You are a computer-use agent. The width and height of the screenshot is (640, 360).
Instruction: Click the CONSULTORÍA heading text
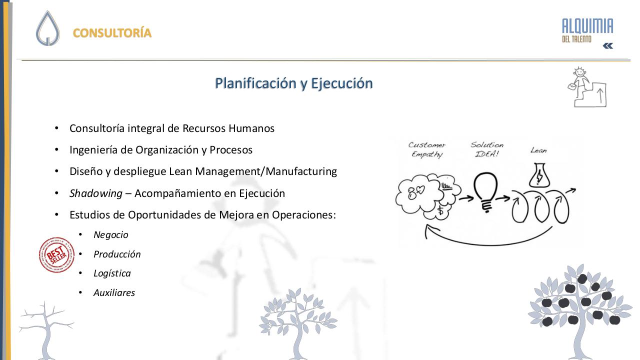(112, 33)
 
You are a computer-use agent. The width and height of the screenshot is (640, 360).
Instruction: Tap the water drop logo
(47, 28)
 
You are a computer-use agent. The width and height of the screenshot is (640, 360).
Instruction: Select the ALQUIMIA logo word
(587, 26)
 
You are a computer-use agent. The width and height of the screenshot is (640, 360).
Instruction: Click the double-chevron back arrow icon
(607, 46)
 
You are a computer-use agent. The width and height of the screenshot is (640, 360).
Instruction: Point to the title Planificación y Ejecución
(293, 83)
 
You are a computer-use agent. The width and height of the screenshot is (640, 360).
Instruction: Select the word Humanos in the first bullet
(251, 128)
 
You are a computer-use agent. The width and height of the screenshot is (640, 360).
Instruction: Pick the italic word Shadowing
(96, 193)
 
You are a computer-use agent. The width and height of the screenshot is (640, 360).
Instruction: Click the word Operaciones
(303, 215)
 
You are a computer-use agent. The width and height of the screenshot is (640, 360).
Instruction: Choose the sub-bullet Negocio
(111, 235)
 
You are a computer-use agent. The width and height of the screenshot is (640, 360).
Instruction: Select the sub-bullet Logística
(112, 273)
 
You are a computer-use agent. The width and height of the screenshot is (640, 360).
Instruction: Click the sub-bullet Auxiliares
(114, 293)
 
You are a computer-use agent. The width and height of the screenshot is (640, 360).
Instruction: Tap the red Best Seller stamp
(56, 255)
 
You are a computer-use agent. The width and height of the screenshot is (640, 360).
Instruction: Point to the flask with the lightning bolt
(539, 175)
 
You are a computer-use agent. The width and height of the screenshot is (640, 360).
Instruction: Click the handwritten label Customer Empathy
(427, 149)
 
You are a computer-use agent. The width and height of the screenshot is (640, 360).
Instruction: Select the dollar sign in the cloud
(440, 211)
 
